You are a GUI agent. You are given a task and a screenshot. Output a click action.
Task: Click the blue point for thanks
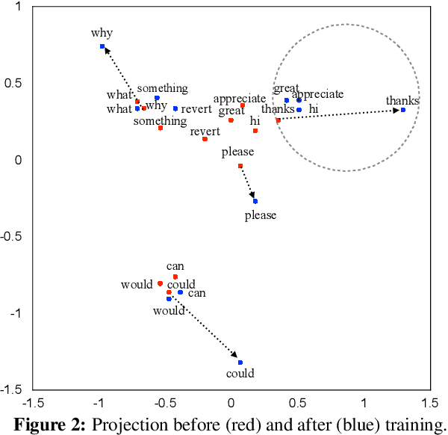pyautogui.click(x=403, y=110)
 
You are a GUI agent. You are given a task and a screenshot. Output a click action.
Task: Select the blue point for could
pyautogui.click(x=240, y=362)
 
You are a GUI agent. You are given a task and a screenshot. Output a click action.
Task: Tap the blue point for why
pyautogui.click(x=102, y=46)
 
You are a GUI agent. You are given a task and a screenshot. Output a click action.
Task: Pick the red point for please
pyautogui.click(x=240, y=166)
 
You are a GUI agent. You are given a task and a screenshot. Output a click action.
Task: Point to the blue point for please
pyautogui.click(x=255, y=201)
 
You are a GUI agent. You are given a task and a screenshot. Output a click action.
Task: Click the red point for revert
pyautogui.click(x=205, y=139)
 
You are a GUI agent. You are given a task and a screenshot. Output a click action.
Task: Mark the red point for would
pyautogui.click(x=160, y=284)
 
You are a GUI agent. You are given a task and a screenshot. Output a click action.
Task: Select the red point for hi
pyautogui.click(x=255, y=131)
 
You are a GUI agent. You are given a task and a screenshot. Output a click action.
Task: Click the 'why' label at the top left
pyautogui.click(x=102, y=33)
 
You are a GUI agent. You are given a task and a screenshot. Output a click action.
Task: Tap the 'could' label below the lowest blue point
pyautogui.click(x=240, y=374)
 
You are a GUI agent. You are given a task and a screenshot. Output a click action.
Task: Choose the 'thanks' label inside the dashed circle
pyautogui.click(x=402, y=100)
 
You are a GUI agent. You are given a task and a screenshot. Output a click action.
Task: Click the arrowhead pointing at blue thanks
pyautogui.click(x=396, y=111)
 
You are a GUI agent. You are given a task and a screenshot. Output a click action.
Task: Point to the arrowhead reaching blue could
pyautogui.click(x=235, y=357)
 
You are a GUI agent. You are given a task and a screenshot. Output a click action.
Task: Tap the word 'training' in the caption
pyautogui.click(x=414, y=425)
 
